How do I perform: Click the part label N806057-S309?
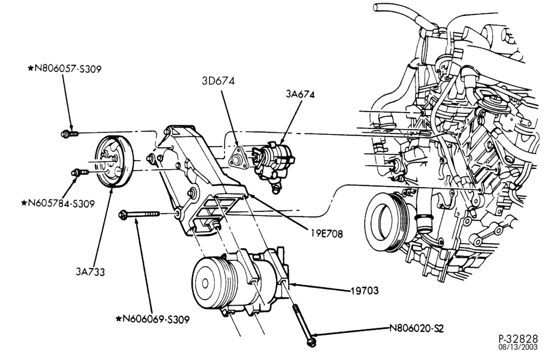(67, 69)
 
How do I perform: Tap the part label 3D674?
(218, 81)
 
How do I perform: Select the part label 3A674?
(300, 94)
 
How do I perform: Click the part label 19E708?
(326, 234)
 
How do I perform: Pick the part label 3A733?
(91, 272)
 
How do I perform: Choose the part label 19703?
(365, 290)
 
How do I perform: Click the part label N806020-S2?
(417, 329)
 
